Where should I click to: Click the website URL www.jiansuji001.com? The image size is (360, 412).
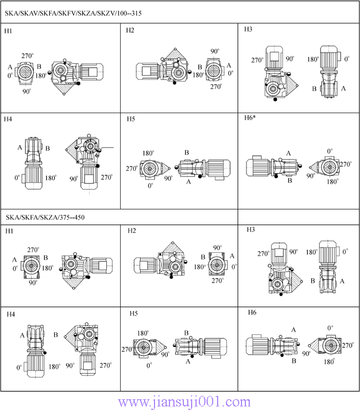[184, 402]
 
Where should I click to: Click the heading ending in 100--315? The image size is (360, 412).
[73, 13]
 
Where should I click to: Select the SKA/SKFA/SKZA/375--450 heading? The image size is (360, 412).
[45, 217]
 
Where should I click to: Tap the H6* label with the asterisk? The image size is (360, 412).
[250, 118]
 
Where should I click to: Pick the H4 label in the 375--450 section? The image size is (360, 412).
[11, 314]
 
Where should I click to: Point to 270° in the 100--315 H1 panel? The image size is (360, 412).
[27, 55]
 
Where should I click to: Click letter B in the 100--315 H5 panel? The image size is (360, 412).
[187, 152]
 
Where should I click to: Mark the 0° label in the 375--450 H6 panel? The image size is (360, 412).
[330, 328]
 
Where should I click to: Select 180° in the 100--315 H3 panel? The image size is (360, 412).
[313, 59]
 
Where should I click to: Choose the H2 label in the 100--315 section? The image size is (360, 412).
[130, 30]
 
